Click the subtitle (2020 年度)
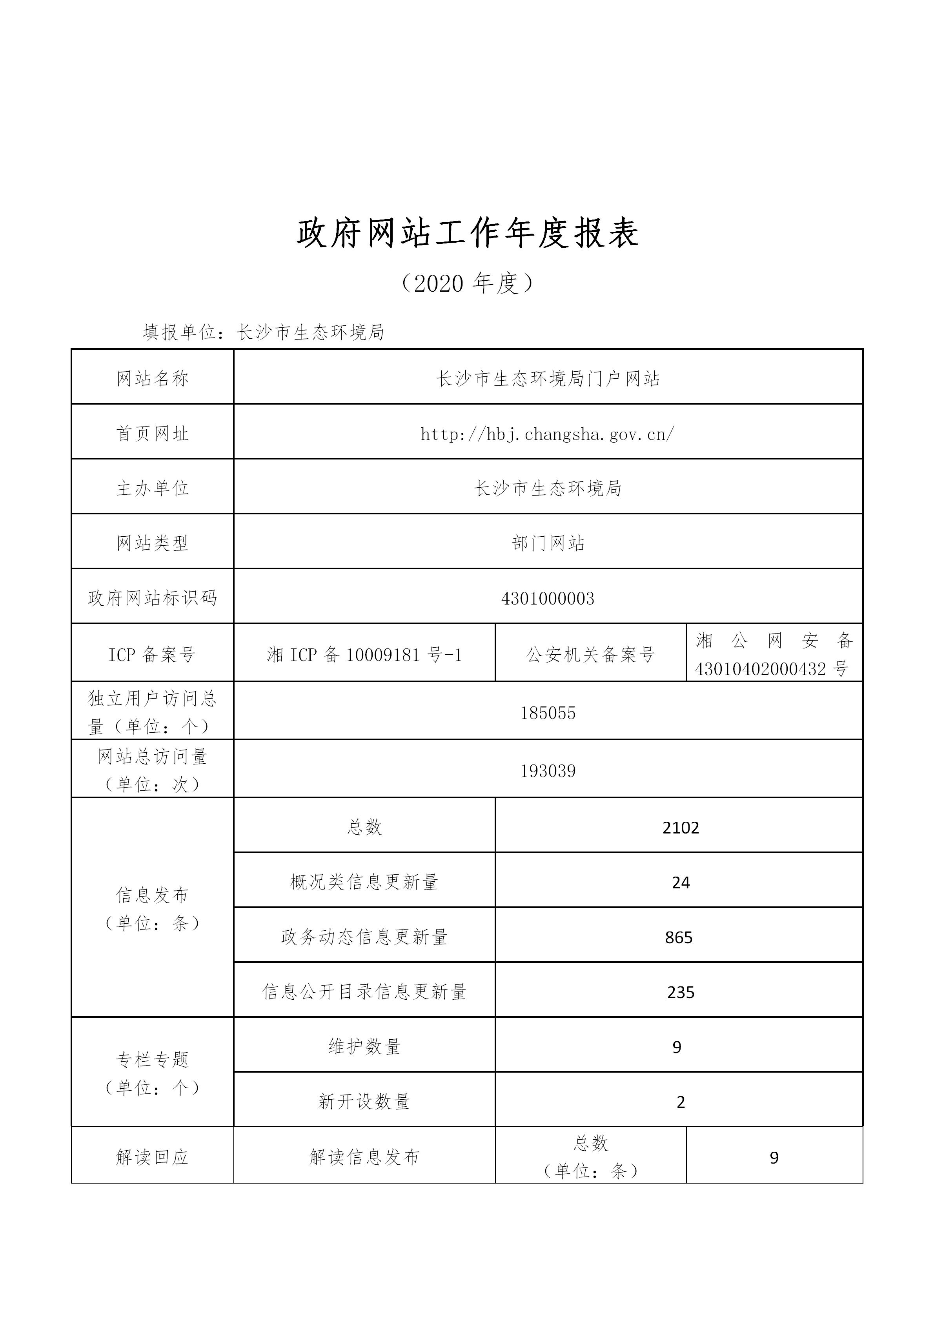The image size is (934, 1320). (x=467, y=283)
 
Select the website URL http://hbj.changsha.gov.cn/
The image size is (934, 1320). (x=548, y=434)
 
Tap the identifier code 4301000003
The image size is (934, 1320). (x=548, y=599)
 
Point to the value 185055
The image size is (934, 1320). (x=548, y=713)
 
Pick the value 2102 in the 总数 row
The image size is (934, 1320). (x=680, y=828)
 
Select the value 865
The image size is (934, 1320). (x=679, y=938)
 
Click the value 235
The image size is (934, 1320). (x=680, y=992)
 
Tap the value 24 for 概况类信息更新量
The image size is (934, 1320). (x=680, y=882)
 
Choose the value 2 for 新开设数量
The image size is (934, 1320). (x=680, y=1102)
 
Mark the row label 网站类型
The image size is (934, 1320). (x=153, y=543)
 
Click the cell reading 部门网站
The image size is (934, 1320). (x=548, y=543)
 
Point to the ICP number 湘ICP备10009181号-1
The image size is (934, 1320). (x=364, y=655)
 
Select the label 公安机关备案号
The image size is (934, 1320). (x=591, y=655)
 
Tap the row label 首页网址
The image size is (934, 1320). (x=153, y=434)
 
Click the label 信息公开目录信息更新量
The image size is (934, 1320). (x=364, y=992)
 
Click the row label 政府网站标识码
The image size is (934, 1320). (x=153, y=599)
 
